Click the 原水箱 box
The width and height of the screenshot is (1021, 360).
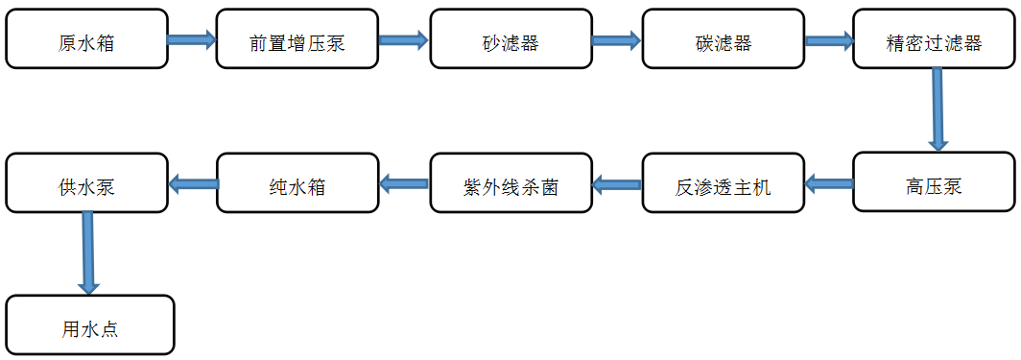click(86, 39)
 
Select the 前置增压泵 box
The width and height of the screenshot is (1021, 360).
click(297, 39)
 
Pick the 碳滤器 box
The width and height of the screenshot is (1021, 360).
click(723, 39)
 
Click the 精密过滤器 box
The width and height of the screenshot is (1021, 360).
click(934, 39)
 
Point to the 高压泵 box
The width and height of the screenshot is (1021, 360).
click(934, 182)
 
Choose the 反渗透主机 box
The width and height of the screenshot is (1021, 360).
click(723, 182)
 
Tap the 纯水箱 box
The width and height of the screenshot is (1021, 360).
click(297, 182)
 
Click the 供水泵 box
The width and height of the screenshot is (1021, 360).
click(86, 182)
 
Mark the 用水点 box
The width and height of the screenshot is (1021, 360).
click(90, 325)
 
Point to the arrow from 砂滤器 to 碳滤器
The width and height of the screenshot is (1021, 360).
click(616, 39)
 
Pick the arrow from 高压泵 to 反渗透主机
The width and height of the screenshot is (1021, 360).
click(828, 182)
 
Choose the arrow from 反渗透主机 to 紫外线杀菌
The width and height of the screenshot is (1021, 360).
click(616, 182)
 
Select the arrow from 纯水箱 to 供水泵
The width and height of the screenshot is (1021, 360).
click(193, 182)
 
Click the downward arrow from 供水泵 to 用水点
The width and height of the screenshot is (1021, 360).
click(88, 252)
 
